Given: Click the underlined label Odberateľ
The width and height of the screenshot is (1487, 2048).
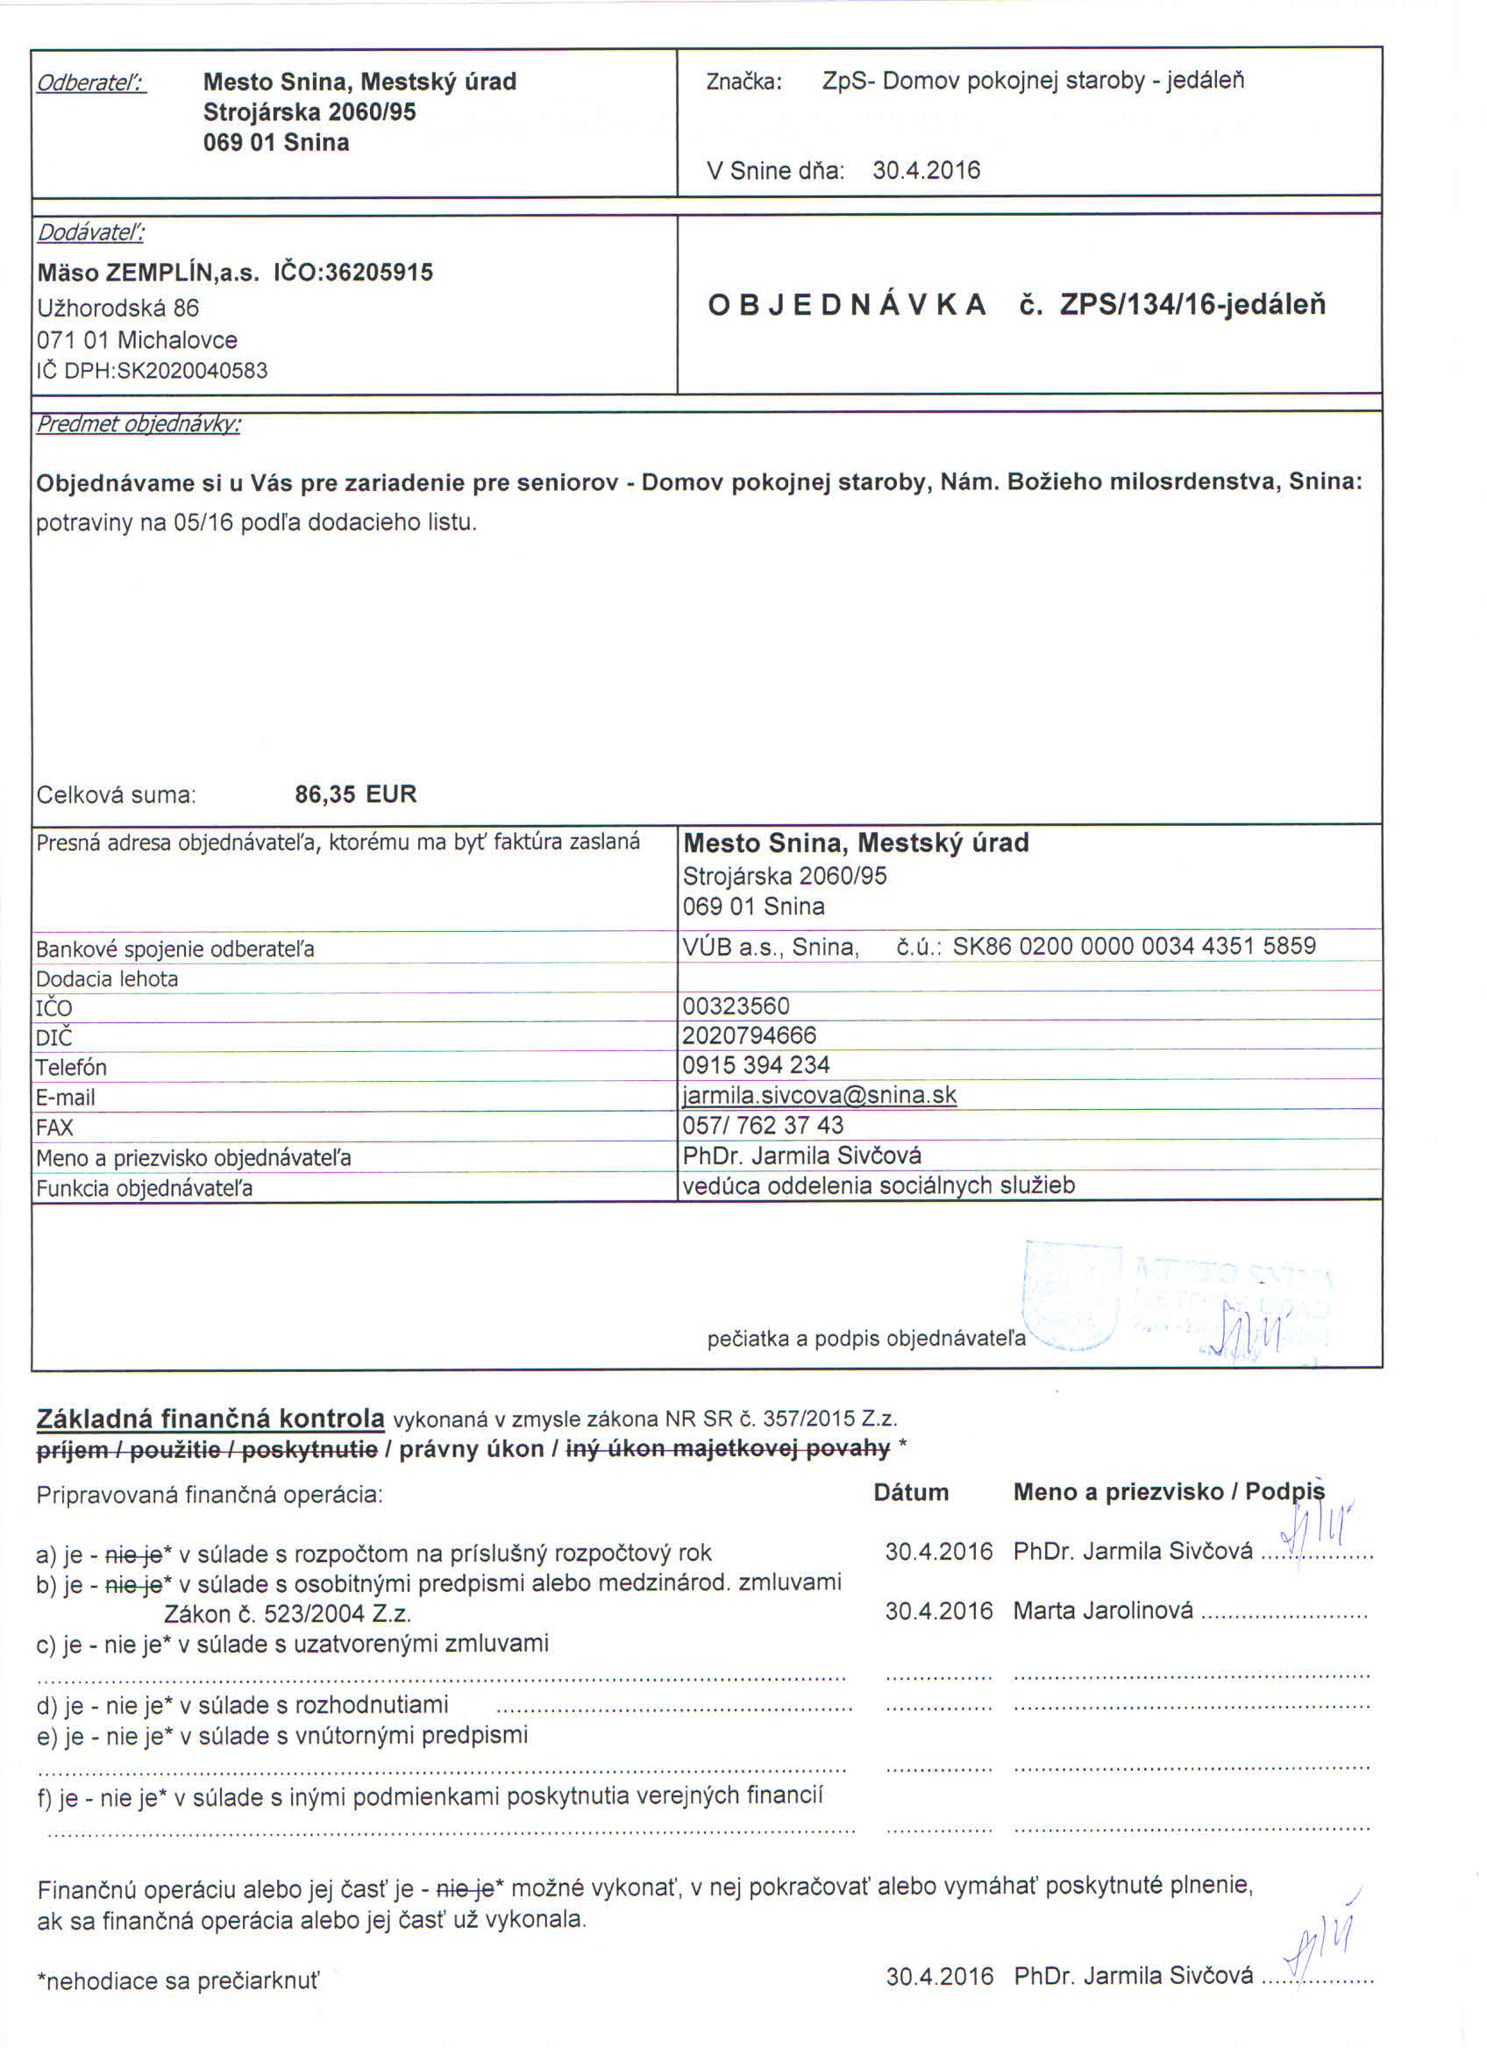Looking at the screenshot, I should (91, 83).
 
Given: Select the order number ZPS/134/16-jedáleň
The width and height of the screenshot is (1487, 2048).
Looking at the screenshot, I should (1192, 305).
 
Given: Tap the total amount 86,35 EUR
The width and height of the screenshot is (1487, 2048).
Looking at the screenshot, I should (356, 794).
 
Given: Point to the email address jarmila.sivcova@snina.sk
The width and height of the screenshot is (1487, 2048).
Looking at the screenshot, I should (819, 1095).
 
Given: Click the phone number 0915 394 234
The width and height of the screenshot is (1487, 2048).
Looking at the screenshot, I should (756, 1064).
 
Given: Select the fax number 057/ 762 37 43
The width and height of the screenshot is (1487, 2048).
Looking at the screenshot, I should (763, 1125).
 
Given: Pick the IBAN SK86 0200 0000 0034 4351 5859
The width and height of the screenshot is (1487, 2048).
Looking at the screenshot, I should (1134, 945).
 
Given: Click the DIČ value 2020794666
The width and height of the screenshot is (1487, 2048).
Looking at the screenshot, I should (750, 1035).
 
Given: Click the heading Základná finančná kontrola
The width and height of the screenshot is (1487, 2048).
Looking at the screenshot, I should (210, 1419).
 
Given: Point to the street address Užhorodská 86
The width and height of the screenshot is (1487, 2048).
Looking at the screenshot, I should (118, 308).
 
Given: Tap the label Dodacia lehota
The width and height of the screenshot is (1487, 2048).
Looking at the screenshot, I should (108, 979).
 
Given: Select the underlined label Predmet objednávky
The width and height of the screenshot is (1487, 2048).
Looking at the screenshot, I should (139, 424).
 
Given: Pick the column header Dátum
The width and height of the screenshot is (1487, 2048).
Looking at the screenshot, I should (911, 1492).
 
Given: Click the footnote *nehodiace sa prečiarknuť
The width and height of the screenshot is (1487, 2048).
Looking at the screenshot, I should (178, 1981).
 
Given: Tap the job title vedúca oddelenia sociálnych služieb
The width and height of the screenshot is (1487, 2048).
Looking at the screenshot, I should (879, 1184).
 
